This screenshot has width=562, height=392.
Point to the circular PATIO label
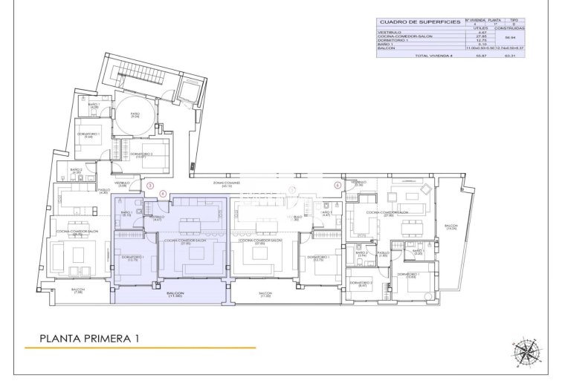tap(135, 115)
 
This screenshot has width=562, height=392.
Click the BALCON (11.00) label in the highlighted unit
tap(175, 295)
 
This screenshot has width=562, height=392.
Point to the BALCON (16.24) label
tap(451, 227)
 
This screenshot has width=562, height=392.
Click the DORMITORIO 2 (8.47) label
tap(361, 284)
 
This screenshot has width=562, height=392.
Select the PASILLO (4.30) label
tap(103, 192)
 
